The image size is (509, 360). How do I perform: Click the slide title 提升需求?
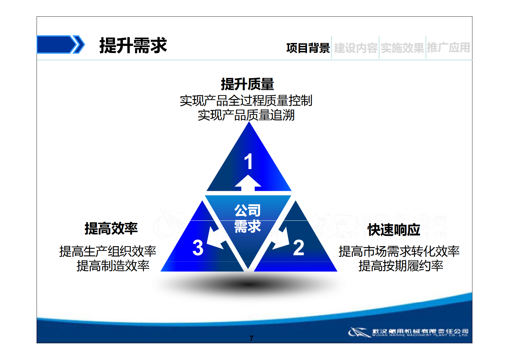[133, 45]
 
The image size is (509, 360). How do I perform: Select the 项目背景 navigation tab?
[308, 48]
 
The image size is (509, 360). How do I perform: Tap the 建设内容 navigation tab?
[355, 48]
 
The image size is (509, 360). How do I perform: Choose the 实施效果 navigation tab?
[402, 48]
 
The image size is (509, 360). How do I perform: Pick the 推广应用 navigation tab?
[448, 48]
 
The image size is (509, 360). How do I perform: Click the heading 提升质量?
[247, 84]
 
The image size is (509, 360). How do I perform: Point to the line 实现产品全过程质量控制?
[246, 101]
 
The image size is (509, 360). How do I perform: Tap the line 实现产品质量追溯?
[246, 115]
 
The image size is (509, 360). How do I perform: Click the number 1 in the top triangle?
[249, 161]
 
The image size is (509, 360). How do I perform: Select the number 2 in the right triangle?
[299, 248]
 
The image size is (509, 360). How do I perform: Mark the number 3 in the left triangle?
[198, 248]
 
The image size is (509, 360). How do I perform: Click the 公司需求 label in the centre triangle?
[248, 218]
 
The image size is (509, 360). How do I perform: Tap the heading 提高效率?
[111, 228]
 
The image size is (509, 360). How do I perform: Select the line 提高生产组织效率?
[108, 251]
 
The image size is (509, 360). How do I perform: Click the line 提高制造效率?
[113, 266]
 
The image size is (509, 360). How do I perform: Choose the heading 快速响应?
[394, 230]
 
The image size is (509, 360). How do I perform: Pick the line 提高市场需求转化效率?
[399, 251]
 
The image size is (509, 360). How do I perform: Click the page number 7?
[251, 338]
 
